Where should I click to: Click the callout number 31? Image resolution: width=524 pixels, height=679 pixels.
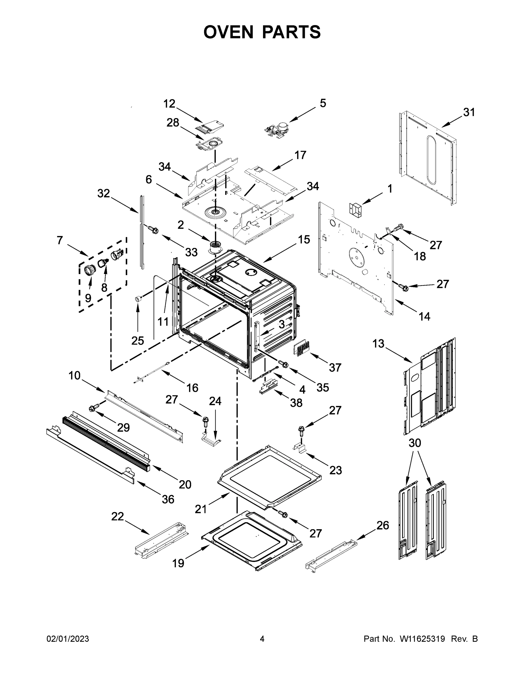469,112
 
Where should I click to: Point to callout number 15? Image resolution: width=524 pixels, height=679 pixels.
304,239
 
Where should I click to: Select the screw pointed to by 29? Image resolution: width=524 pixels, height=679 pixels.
94,408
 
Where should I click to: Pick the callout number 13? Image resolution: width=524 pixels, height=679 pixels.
378,343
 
